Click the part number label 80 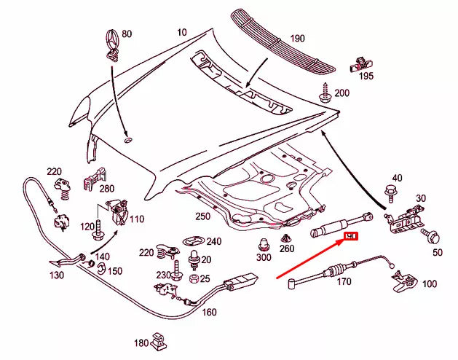point(127,34)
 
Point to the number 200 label point(341,93)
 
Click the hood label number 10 point(181,33)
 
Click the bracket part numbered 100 point(402,278)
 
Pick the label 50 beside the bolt point(437,252)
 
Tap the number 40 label point(397,178)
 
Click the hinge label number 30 point(420,197)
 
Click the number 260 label point(288,249)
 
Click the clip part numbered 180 point(160,339)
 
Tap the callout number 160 point(209,313)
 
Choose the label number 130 point(57,275)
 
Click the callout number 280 point(106,189)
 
